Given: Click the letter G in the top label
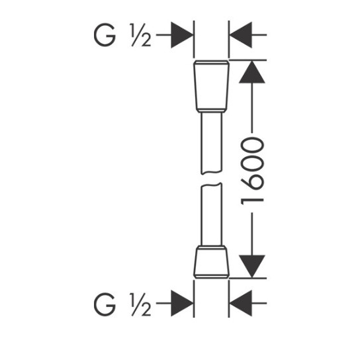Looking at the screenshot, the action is pos(105,35).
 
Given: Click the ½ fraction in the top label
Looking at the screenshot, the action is pos(140,35).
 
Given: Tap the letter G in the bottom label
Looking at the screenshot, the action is pos(105,304).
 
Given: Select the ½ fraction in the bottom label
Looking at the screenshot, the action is pos(140,304).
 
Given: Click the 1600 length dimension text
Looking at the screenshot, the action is pos(252,171).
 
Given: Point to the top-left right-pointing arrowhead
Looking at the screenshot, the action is pos(182,35).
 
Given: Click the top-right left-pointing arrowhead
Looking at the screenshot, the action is pos(241,35).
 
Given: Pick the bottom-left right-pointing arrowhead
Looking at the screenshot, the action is pos(182,303).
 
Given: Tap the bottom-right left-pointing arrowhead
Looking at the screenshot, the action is pos(241,303).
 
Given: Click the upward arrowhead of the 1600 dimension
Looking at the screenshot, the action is pos(252,72).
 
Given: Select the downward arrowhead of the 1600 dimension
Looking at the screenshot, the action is pos(252,266).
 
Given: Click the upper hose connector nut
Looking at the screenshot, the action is pos(212,86).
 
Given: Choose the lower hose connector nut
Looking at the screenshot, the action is pos(212,262).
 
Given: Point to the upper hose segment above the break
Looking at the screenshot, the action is pos(212,143).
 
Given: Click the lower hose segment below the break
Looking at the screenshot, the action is pos(212,214).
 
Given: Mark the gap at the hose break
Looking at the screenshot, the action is pos(212,179).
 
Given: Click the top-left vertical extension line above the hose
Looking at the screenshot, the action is pos(194,39).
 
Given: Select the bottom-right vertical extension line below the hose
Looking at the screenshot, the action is pos(229,299).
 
